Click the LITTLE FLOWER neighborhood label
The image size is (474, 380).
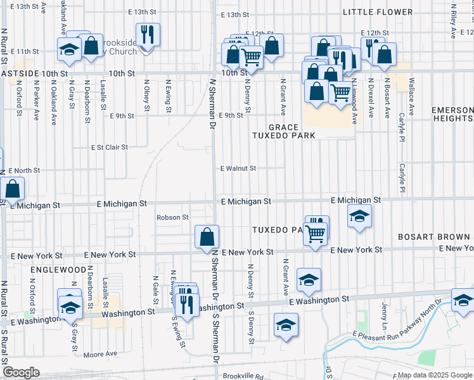click(378, 12)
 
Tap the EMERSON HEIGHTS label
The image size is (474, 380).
click(452, 114)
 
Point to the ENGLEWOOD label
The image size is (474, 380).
click(58, 269)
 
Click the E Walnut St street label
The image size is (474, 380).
click(238, 168)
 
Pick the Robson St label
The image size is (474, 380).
click(173, 217)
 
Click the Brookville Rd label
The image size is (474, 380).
click(242, 376)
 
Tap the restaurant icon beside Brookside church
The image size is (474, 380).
click(148, 35)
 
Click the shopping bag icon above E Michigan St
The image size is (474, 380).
click(12, 189)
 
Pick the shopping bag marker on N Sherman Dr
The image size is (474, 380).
click(207, 237)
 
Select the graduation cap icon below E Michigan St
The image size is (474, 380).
click(359, 217)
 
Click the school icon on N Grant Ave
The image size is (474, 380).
click(309, 279)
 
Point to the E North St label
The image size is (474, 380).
click(25, 171)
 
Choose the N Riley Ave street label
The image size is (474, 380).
click(454, 12)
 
